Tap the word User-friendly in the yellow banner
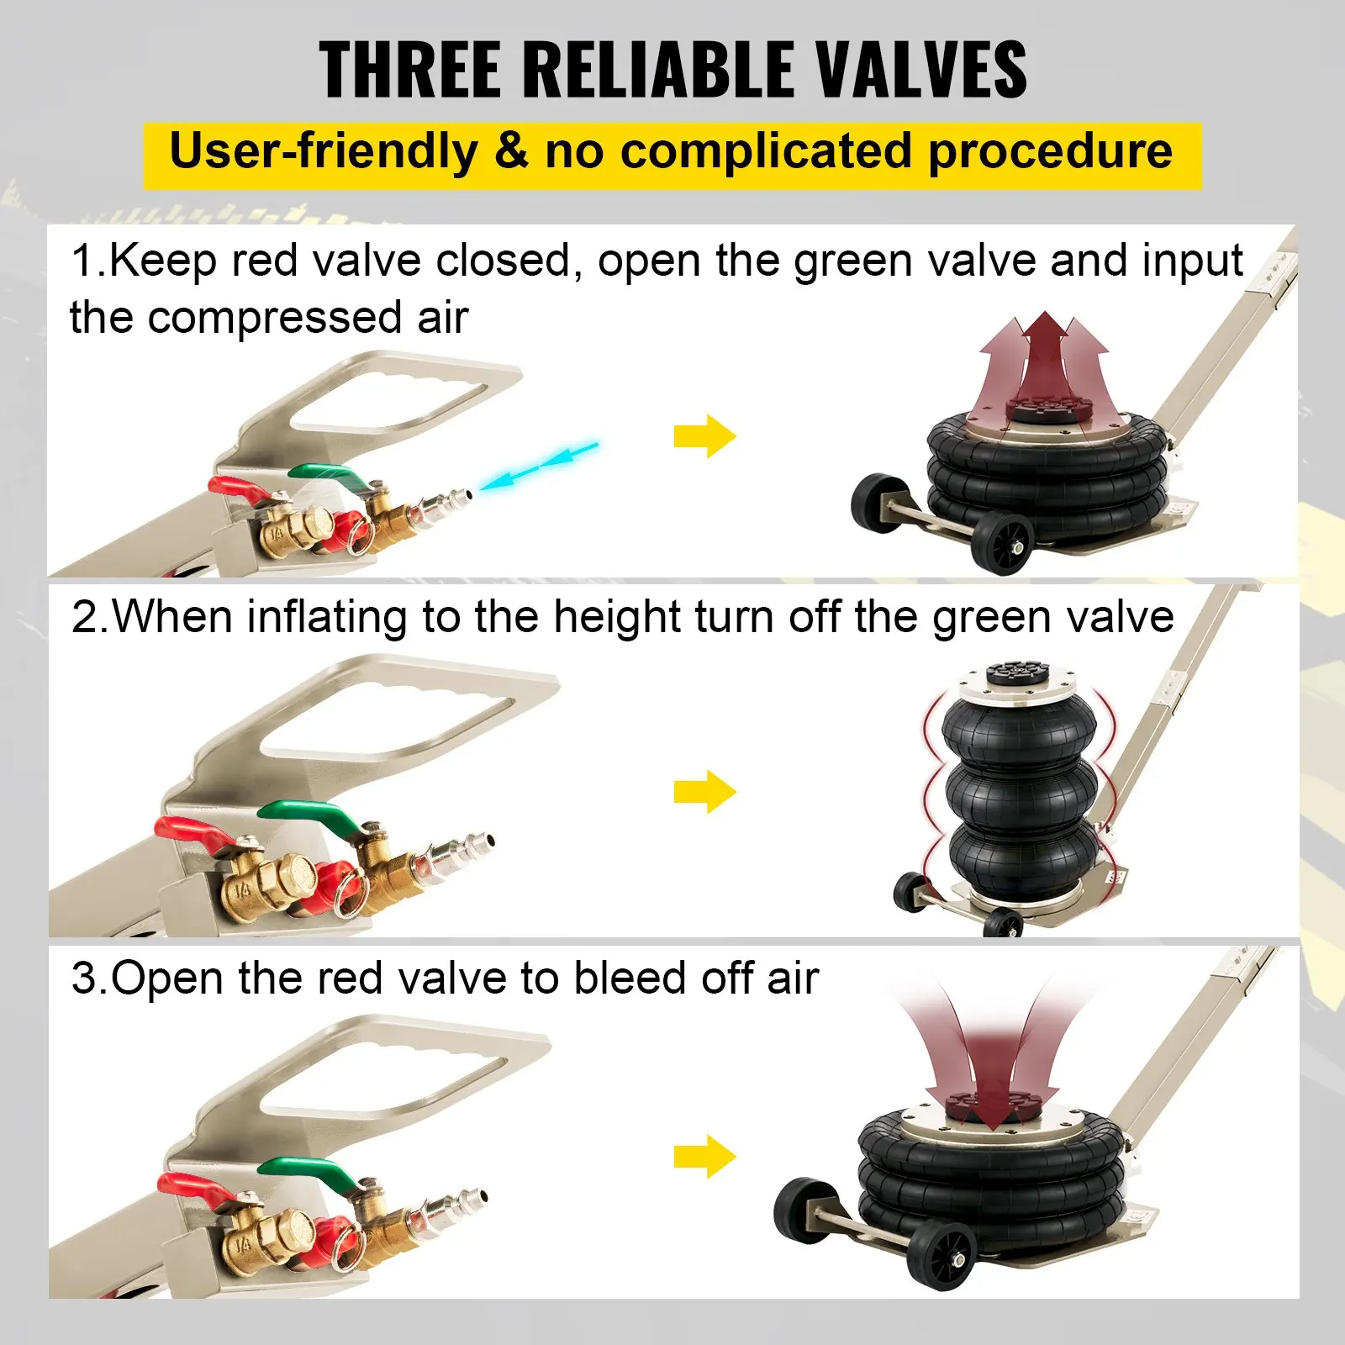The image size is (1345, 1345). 324,152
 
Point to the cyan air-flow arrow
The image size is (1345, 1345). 538,465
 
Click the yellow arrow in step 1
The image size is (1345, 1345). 704,436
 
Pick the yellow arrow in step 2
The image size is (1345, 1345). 704,792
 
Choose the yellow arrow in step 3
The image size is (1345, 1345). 704,1157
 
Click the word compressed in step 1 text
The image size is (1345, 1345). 274,319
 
